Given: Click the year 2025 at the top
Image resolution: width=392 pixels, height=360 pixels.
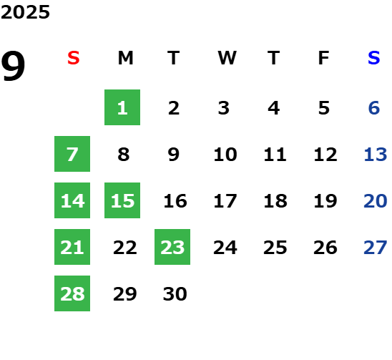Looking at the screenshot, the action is point(25,12).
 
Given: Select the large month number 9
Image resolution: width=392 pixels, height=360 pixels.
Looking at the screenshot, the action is point(13,66).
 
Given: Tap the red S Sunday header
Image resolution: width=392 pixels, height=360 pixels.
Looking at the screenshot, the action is point(74,58).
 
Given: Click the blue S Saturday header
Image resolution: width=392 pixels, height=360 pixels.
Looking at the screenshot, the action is point(374,58).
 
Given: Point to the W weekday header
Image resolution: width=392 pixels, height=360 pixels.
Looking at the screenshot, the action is point(227,58).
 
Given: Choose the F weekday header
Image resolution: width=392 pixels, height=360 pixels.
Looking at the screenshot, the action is point(324,58).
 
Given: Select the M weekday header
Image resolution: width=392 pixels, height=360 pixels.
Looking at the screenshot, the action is point(125,58).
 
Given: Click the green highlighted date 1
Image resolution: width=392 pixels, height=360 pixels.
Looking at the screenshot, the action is point(122,107).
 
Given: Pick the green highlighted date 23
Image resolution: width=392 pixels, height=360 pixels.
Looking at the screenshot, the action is point(172,247).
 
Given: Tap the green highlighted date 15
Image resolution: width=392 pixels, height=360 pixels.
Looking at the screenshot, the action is point(122,200).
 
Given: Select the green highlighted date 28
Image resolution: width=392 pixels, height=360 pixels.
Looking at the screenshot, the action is point(72,293).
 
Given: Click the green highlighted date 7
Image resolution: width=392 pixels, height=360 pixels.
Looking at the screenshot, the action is point(72,154).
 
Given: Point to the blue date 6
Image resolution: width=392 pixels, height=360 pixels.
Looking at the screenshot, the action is point(374,108).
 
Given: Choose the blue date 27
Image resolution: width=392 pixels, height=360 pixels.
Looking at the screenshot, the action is point(376,248).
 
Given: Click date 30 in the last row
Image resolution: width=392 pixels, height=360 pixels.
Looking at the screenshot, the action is point(175,294).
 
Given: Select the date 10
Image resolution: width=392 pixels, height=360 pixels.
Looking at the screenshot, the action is point(225,155).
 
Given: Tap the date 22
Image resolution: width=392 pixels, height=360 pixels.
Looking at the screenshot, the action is point(125,248).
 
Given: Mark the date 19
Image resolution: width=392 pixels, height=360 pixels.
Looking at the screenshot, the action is point(325,201).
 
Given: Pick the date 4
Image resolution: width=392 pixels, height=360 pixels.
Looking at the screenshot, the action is point(274,108).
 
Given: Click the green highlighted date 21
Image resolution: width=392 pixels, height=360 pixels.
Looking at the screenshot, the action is point(72,247).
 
